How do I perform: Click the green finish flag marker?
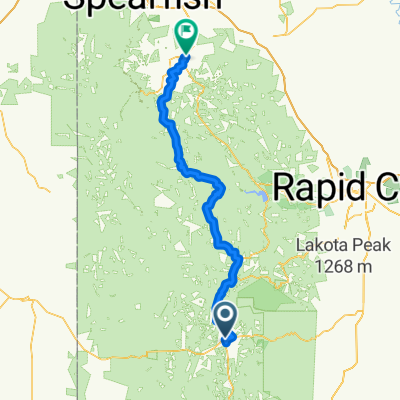click(x=186, y=36)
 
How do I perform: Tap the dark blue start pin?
click(x=225, y=319)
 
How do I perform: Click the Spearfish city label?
click(x=145, y=8)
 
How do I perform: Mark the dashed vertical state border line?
click(x=76, y=250)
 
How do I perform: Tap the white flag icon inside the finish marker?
click(x=186, y=33)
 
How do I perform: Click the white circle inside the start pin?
click(x=225, y=317)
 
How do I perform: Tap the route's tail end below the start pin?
click(x=228, y=342)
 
